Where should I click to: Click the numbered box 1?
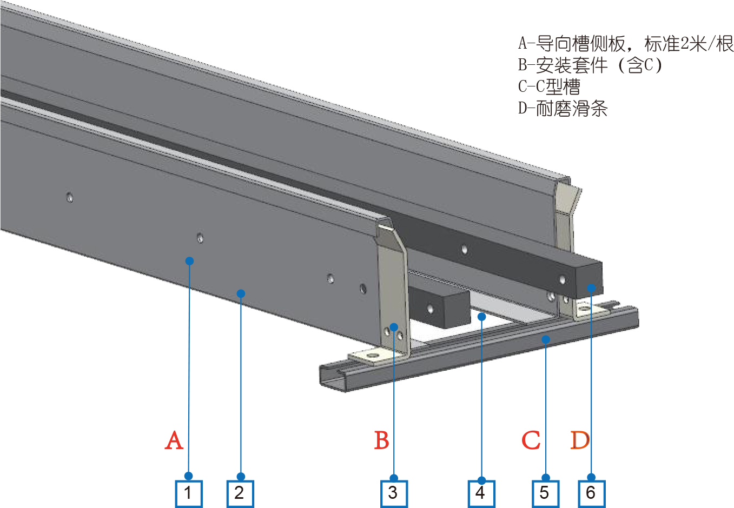(189, 493)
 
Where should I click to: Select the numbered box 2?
(240, 493)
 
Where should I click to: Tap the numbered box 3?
(394, 493)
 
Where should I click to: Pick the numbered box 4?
(481, 493)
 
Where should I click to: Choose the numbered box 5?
(545, 493)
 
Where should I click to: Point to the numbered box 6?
(591, 493)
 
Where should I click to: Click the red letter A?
(174, 440)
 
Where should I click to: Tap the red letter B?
(382, 440)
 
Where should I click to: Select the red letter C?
(531, 440)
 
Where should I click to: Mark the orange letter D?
(580, 440)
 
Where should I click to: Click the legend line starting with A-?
(625, 43)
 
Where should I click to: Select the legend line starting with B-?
(590, 65)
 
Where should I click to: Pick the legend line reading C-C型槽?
(549, 86)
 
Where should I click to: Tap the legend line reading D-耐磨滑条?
(563, 109)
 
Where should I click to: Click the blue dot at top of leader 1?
(189, 261)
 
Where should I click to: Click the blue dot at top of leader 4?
(482, 317)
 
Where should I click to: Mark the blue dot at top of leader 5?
(546, 339)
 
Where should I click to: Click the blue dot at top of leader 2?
(241, 293)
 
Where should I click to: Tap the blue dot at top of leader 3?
(394, 327)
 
